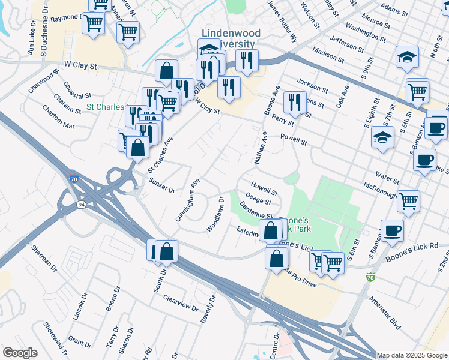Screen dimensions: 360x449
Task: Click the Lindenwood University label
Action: tap(228, 38)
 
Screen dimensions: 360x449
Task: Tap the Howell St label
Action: tap(264, 189)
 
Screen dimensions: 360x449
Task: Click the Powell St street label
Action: tap(294, 140)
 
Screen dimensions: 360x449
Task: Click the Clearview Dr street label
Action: tap(180, 302)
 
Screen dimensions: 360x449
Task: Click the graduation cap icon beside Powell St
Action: tap(382, 137)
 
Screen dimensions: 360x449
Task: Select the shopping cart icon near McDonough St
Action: tap(408, 201)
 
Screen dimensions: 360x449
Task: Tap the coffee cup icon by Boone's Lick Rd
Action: tap(392, 231)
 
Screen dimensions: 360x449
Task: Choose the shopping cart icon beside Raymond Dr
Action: tap(93, 23)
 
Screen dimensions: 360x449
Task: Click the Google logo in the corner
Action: tap(20, 353)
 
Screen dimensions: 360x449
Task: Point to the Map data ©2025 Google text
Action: tap(412, 355)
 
